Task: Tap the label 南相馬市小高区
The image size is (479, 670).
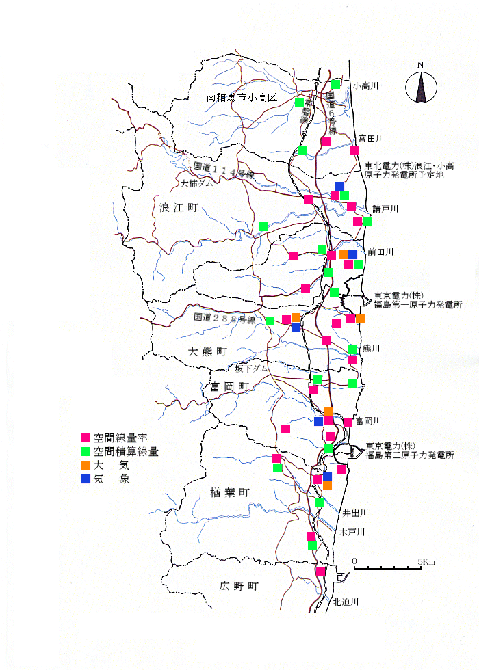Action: tap(242, 98)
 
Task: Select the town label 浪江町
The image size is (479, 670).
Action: tap(177, 208)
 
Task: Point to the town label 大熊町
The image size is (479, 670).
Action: tap(207, 351)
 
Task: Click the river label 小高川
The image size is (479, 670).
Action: tap(365, 86)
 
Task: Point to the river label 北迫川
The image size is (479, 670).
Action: tap(346, 602)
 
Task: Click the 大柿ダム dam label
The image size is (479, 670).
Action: tap(193, 184)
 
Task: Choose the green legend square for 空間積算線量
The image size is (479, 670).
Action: tap(86, 451)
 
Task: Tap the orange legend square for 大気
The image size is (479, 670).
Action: tap(86, 466)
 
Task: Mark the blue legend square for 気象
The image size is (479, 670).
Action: tap(86, 479)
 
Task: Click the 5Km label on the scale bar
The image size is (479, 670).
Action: tap(427, 562)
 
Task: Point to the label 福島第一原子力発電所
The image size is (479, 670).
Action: tap(418, 304)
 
